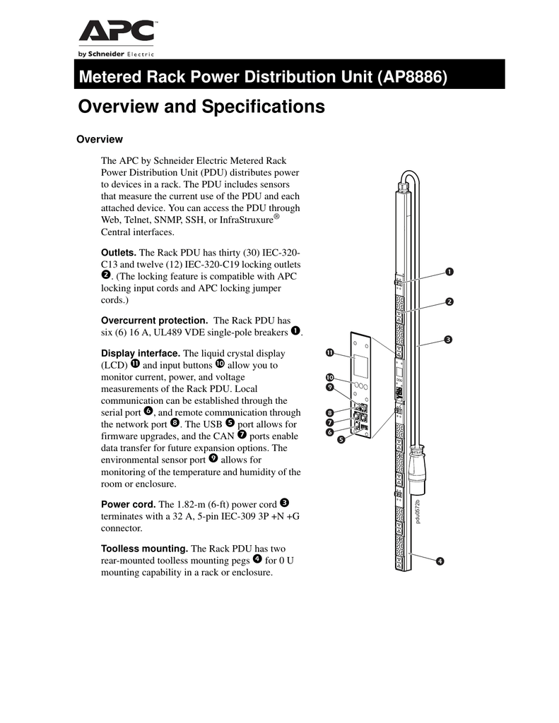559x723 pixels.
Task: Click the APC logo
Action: (x=117, y=32)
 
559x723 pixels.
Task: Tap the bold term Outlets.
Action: (x=119, y=253)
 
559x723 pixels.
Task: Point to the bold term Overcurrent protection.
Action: (x=155, y=321)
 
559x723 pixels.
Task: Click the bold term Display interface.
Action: (x=141, y=353)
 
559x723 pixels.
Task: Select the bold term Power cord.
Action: (x=129, y=504)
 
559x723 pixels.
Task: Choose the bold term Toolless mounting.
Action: (x=145, y=549)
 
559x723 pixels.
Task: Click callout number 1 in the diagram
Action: (x=449, y=272)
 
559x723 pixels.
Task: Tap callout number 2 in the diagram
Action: (x=449, y=302)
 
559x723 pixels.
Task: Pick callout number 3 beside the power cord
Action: (x=448, y=340)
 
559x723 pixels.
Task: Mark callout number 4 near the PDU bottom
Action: (x=440, y=561)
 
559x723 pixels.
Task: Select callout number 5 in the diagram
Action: (x=341, y=440)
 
